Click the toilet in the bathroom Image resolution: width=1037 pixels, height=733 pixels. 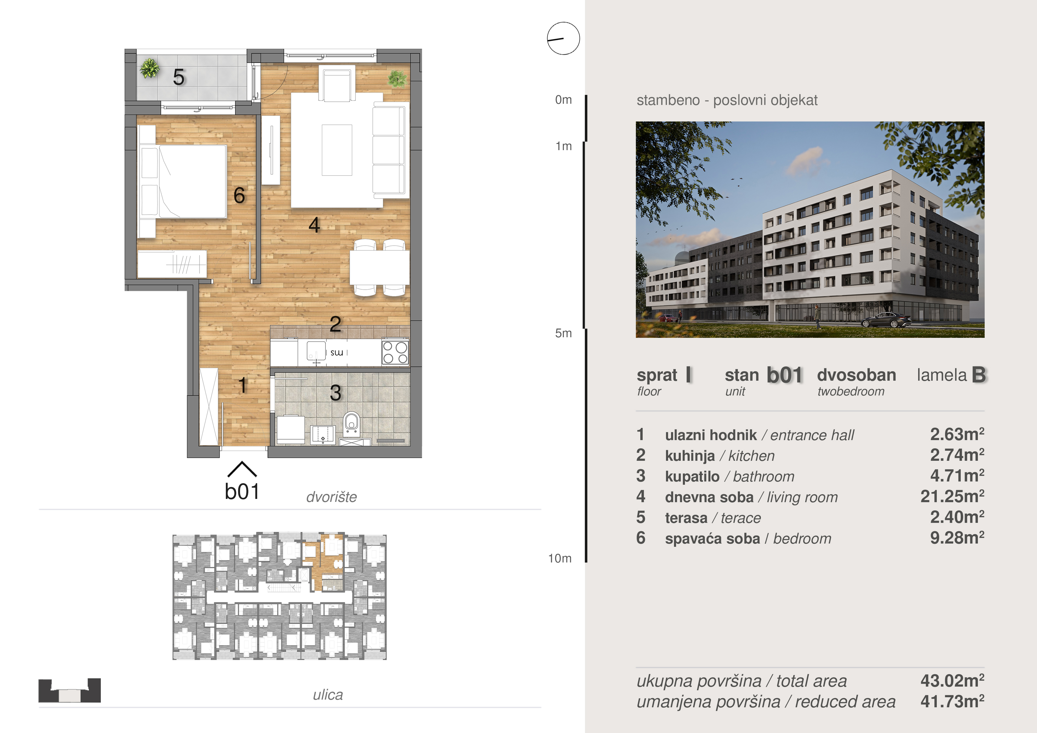[x=351, y=424]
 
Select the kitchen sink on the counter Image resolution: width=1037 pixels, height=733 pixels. [x=316, y=351]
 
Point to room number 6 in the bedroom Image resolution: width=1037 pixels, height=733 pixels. [x=239, y=195]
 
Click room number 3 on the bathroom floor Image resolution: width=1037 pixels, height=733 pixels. [x=335, y=393]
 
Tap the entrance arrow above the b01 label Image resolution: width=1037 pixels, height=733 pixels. [x=242, y=469]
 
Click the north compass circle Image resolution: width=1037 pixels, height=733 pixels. [x=563, y=38]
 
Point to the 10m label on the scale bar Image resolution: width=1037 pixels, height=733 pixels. [x=560, y=558]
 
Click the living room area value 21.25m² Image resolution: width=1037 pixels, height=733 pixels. [x=952, y=496]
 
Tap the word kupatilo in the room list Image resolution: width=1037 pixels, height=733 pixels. [x=692, y=476]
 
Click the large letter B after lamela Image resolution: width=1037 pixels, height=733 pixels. [x=979, y=374]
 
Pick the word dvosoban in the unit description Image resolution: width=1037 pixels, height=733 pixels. [x=856, y=375]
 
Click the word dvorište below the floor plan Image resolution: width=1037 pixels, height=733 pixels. [x=331, y=497]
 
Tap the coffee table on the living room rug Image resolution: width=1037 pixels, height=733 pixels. [x=336, y=150]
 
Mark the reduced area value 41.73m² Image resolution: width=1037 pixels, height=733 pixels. [x=952, y=701]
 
